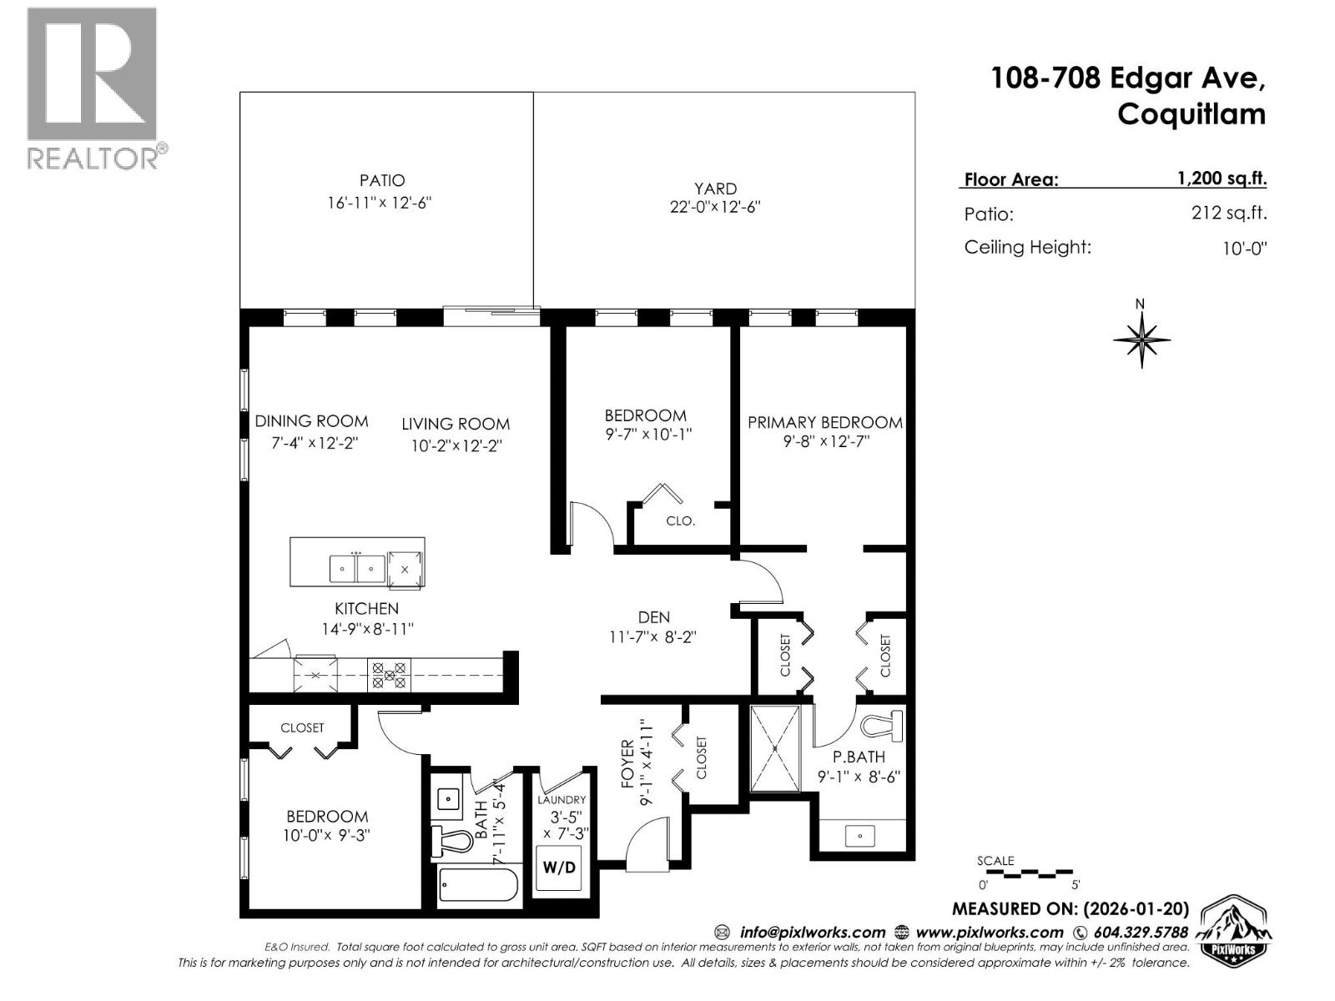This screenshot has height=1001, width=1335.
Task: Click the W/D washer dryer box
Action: click(x=558, y=868)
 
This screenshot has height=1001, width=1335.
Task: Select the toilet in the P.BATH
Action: click(x=884, y=728)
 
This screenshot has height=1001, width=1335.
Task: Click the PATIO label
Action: click(x=382, y=180)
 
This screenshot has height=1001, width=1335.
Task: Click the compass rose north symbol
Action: click(x=1141, y=338)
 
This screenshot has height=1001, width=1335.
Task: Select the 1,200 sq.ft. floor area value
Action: click(x=1222, y=178)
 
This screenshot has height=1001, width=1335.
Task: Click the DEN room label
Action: click(x=653, y=617)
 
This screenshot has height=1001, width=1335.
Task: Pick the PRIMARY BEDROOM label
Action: click(x=824, y=423)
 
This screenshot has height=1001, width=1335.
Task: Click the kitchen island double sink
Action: click(x=357, y=569)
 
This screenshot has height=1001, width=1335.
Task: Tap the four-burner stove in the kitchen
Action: click(x=390, y=674)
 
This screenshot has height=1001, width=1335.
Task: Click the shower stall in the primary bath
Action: click(x=775, y=748)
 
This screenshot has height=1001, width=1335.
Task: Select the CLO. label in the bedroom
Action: click(x=680, y=521)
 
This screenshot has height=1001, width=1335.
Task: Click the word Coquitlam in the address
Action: click(x=1191, y=114)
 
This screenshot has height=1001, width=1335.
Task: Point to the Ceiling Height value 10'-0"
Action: click(x=1244, y=249)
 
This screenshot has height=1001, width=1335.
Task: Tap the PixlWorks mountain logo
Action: click(x=1235, y=930)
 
